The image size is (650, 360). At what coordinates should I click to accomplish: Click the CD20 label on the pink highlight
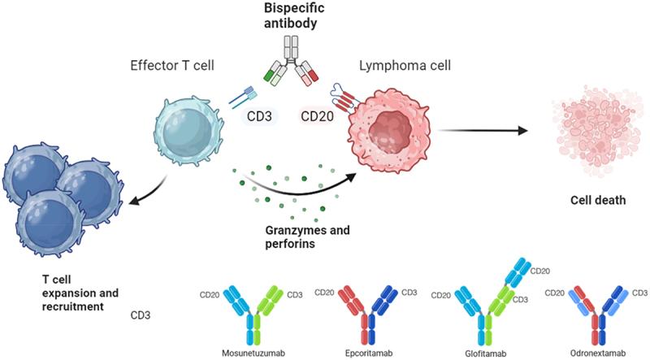[x=317, y=116]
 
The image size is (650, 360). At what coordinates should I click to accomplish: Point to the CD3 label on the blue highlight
[x=262, y=116]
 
